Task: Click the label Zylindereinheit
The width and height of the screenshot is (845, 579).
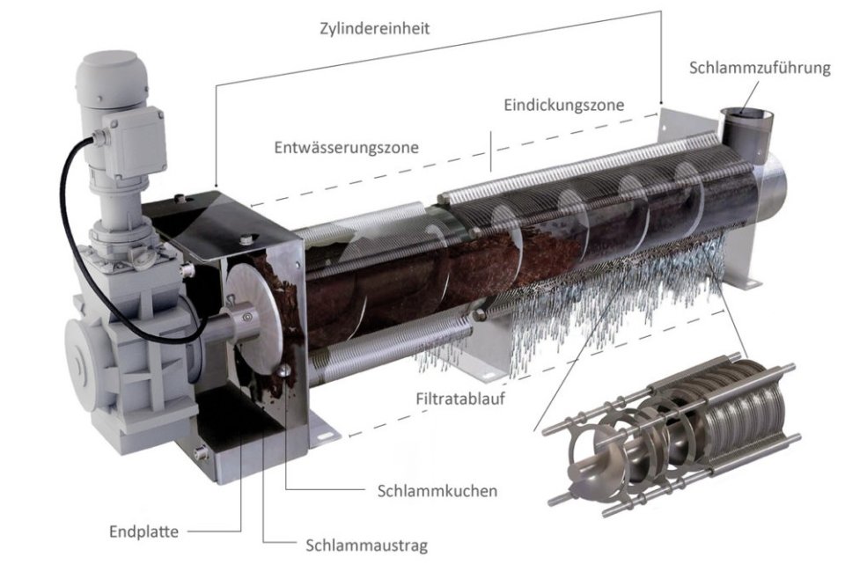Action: click(375, 28)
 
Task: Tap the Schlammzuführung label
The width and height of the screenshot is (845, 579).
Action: click(760, 69)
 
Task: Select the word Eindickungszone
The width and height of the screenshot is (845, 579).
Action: click(563, 105)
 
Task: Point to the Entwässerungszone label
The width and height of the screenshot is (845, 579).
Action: click(346, 147)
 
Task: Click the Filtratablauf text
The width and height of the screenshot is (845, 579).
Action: click(460, 399)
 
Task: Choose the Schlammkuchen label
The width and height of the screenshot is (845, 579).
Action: click(437, 491)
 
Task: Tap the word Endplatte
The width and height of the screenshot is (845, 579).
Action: click(143, 531)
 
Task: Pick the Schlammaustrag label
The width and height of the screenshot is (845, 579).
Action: click(366, 546)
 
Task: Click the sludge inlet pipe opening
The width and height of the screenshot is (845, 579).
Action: click(747, 114)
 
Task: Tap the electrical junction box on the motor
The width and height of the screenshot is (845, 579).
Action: click(134, 143)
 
